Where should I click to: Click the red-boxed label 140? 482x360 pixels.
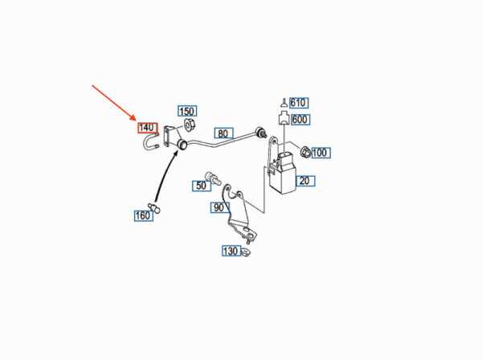click(146, 128)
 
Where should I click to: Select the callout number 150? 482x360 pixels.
click(186, 111)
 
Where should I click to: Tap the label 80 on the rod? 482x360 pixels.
click(223, 133)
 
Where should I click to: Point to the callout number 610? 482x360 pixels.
click(299, 103)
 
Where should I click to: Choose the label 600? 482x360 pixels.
click(300, 120)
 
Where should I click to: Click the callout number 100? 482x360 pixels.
click(320, 152)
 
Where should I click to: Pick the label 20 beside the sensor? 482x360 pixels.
click(304, 180)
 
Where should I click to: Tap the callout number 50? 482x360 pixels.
click(201, 186)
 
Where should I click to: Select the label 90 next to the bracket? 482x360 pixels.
click(219, 208)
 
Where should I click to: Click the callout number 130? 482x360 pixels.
click(231, 252)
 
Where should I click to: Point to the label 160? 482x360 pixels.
click(142, 215)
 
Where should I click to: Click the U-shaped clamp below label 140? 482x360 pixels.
click(151, 145)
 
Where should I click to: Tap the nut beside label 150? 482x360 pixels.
click(191, 125)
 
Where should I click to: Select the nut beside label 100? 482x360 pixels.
click(304, 151)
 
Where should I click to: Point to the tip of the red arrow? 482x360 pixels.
click(135, 118)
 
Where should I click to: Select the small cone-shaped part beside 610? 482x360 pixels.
click(284, 103)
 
